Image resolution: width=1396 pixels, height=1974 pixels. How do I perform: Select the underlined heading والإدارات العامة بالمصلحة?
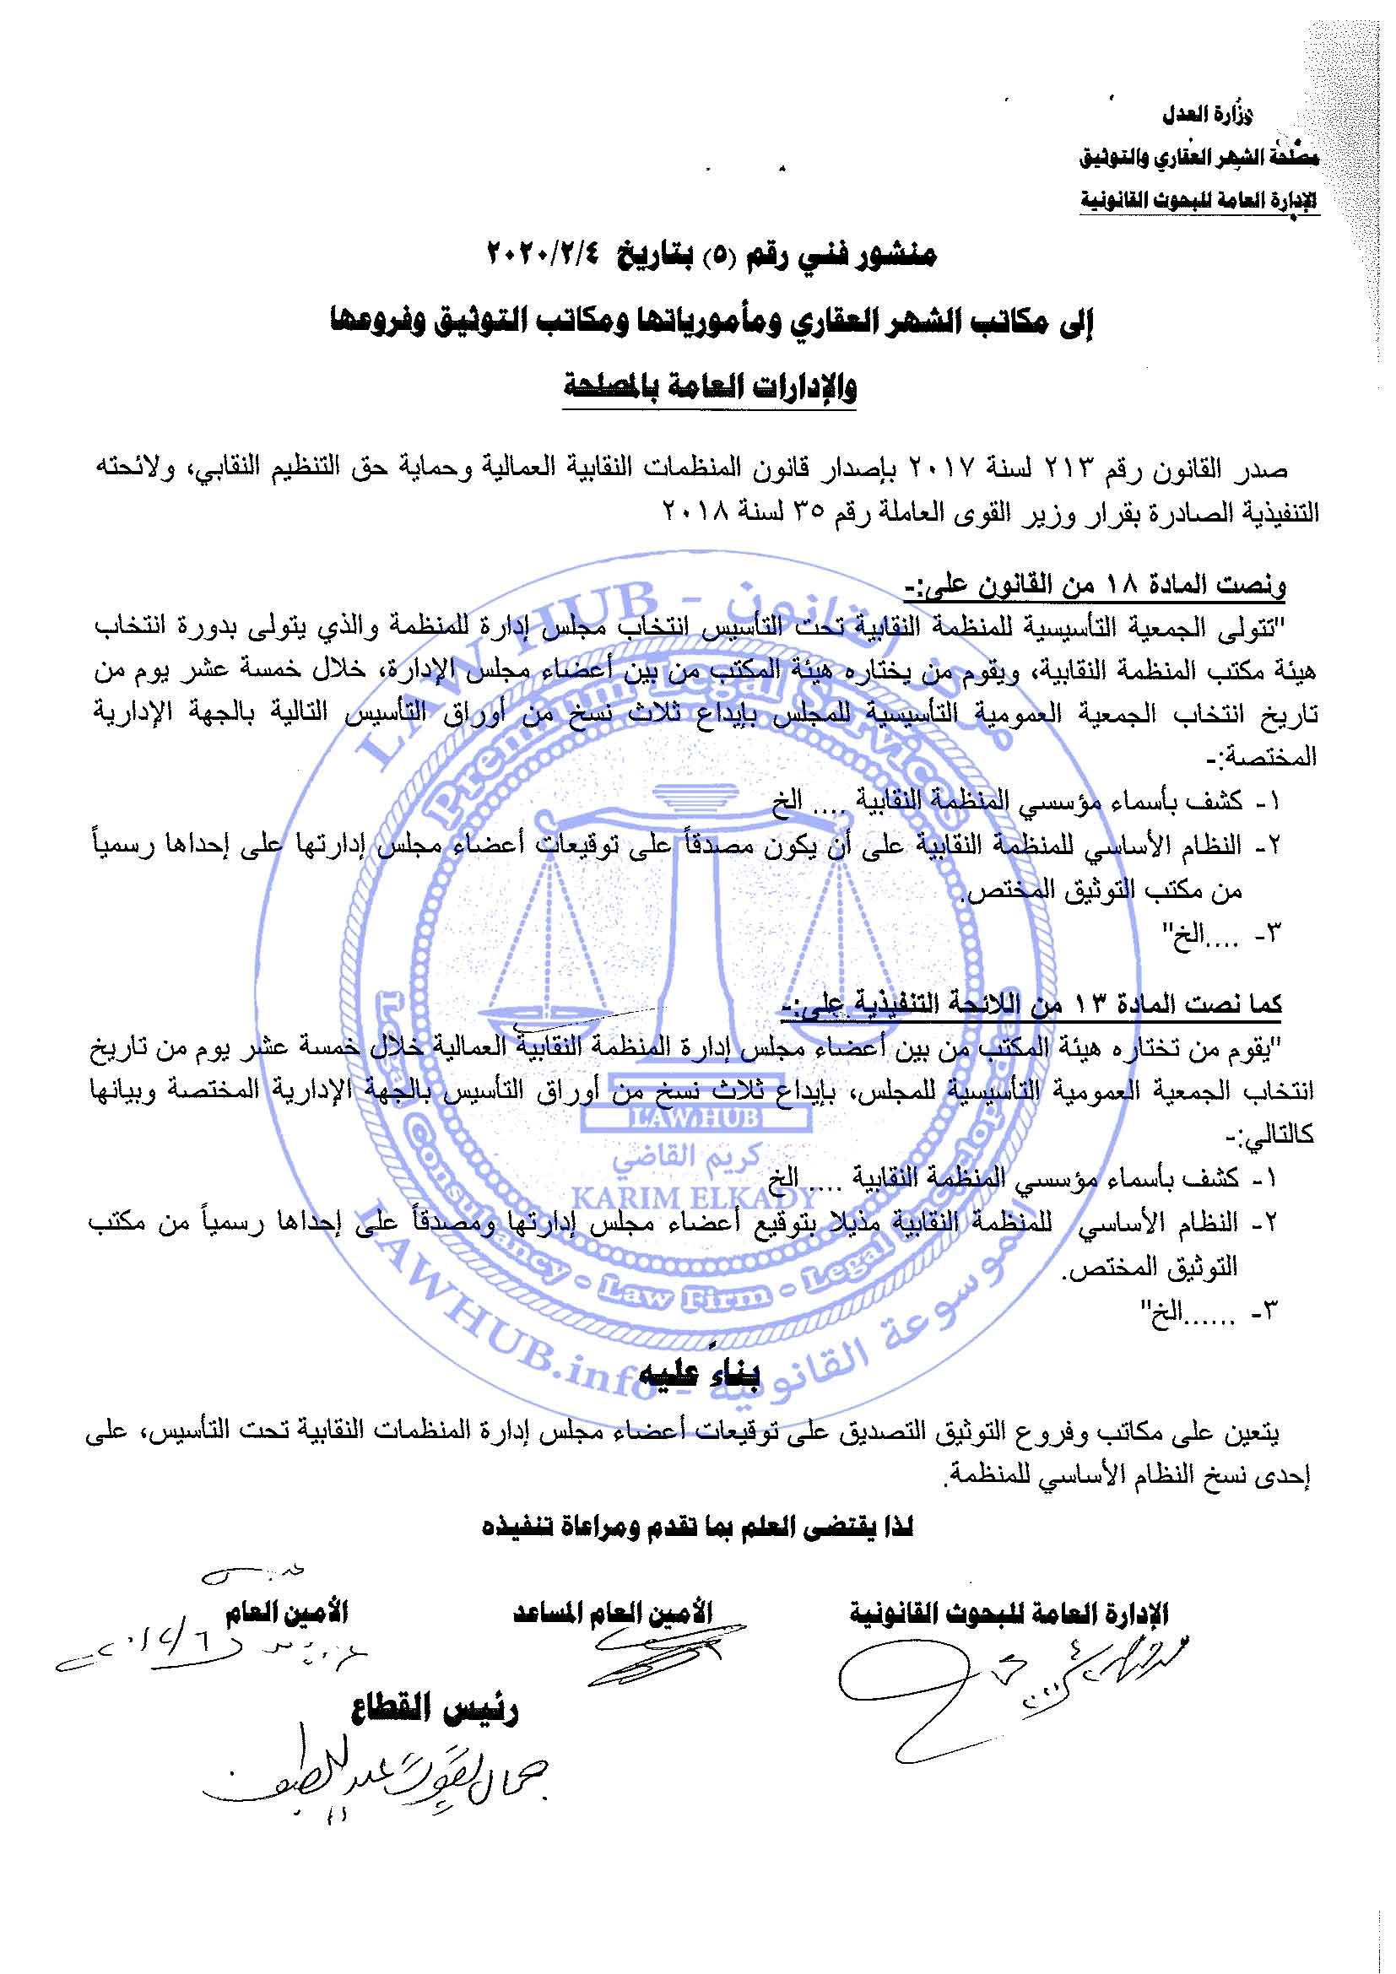click(x=710, y=387)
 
